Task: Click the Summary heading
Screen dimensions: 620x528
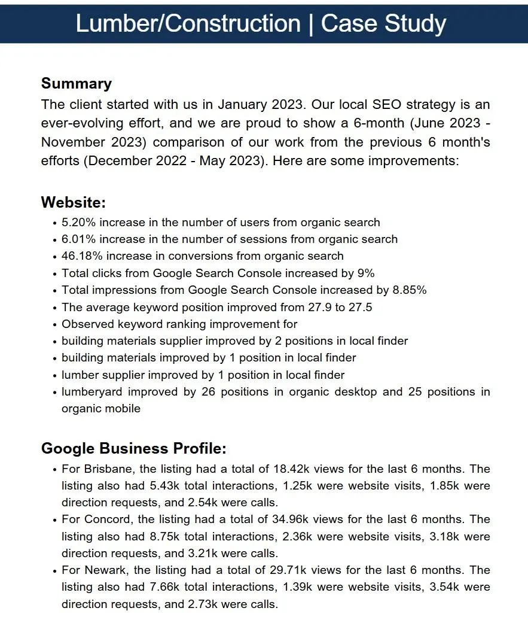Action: tap(76, 83)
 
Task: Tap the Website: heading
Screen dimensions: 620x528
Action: tap(73, 202)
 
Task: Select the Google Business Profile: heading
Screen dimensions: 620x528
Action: tap(133, 448)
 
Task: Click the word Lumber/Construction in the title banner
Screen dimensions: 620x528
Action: tap(188, 24)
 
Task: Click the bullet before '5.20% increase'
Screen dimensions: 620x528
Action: tap(55, 223)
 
